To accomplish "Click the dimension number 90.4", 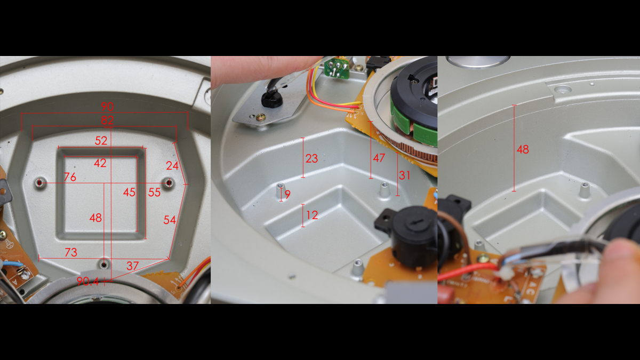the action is (x=87, y=282).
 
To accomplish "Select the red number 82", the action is (x=107, y=121).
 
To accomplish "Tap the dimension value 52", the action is (x=101, y=141).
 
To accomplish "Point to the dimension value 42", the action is (x=100, y=163).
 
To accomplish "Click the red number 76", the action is (x=70, y=177).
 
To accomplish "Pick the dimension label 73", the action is (x=71, y=252).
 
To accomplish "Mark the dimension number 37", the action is (x=133, y=266).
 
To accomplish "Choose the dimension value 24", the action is (x=172, y=166).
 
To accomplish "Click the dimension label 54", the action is (x=170, y=220).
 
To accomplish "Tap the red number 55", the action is (x=154, y=193).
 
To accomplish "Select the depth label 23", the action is (x=311, y=158).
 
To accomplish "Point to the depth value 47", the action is (x=379, y=158).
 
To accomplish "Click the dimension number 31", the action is (x=405, y=175).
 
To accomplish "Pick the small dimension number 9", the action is (x=287, y=194).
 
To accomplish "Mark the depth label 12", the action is (x=312, y=215).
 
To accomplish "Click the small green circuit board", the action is (x=337, y=68).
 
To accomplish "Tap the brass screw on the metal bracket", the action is (x=261, y=117).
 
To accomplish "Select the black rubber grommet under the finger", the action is (x=271, y=98).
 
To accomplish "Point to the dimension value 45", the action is (x=129, y=193).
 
